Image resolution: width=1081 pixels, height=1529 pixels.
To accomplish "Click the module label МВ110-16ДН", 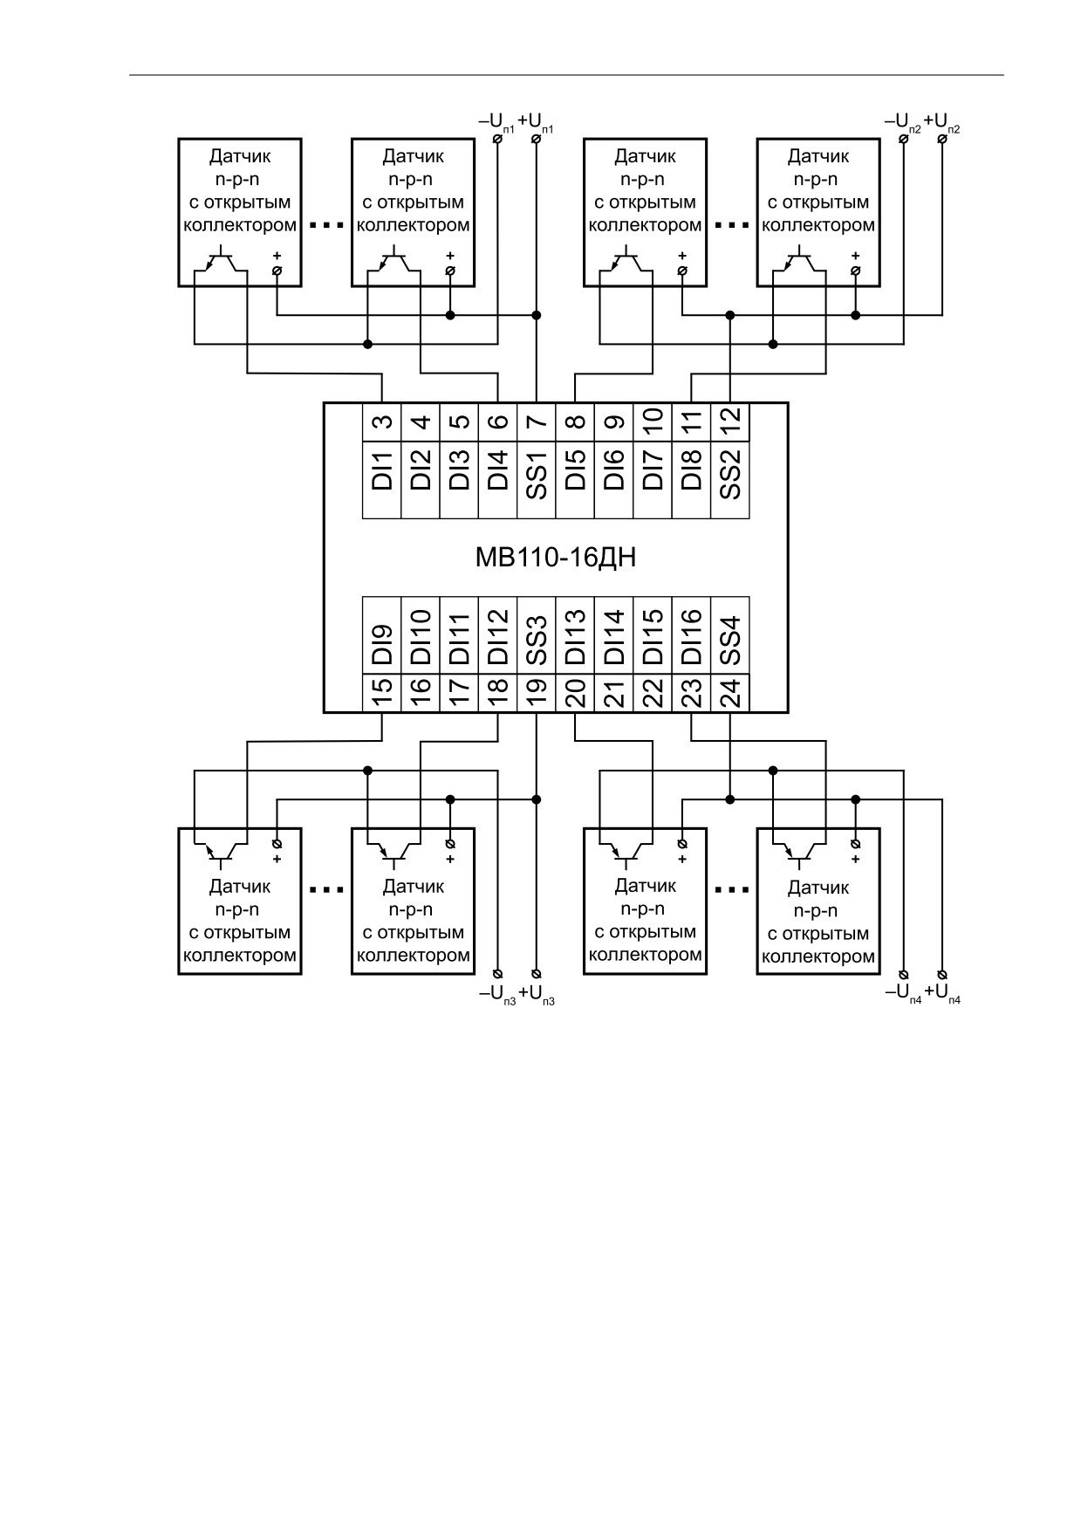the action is tap(556, 558).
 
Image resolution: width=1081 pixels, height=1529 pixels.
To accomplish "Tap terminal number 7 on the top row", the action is tap(537, 422).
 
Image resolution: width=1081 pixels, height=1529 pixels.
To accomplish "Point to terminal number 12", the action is tap(730, 422).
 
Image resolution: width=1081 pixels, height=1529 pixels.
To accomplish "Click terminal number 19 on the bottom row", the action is tap(537, 693).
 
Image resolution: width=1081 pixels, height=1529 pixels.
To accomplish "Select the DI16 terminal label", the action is tap(691, 637).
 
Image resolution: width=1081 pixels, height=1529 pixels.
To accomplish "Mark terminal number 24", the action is tap(730, 693).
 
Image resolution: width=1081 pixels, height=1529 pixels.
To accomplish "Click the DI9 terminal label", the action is tap(381, 644).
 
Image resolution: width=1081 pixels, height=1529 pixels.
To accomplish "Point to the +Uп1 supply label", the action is tap(536, 121).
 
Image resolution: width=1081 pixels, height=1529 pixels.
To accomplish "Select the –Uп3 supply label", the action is tap(497, 994).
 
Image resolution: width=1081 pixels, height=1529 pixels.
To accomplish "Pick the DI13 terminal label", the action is tap(575, 637).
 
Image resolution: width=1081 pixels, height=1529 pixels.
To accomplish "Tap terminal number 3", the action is tap(381, 422).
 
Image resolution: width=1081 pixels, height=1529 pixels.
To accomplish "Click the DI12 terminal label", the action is tap(497, 637).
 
